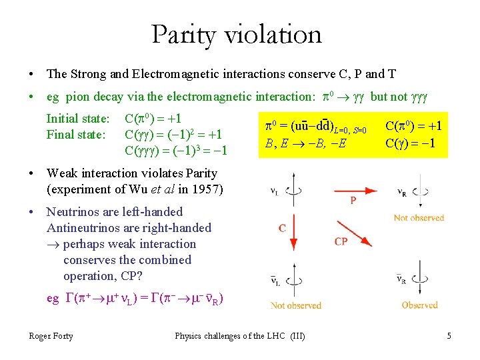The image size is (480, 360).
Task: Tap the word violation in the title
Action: coord(277,34)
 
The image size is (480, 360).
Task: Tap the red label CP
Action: coord(341,241)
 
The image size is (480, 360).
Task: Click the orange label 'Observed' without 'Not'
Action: coord(419,305)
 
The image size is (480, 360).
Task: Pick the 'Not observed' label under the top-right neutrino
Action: coord(419,218)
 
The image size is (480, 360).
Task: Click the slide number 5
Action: coord(449,335)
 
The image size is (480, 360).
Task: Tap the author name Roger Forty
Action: coord(51,335)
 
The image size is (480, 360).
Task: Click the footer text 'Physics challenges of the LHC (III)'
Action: coord(240,335)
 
